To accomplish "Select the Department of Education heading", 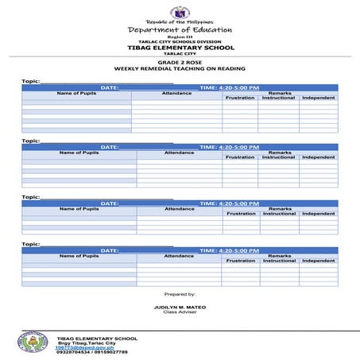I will tap(180, 30).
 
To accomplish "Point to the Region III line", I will tap(179, 37).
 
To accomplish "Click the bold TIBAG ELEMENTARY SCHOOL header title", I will tap(179, 48).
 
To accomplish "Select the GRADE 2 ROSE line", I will tap(179, 61).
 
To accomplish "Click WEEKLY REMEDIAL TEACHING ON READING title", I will tap(179, 68).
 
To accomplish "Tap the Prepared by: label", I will tap(179, 294).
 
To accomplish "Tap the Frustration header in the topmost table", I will tap(240, 98).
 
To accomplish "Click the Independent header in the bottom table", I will tap(318, 261).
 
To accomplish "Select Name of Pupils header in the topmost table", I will tap(76, 93).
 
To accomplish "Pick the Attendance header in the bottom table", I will tap(179, 256).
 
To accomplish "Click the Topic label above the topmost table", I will tap(30, 81).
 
